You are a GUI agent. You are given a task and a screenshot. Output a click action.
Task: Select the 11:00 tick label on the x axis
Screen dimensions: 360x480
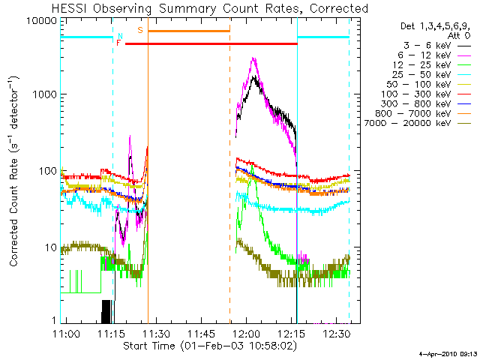[x=67, y=333]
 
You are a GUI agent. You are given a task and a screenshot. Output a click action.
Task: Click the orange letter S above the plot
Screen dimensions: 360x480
[x=139, y=29]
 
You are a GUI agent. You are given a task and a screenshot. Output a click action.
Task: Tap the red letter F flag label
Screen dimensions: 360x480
[x=118, y=43]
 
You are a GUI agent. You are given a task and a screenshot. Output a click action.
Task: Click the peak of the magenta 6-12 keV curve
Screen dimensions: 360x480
[x=253, y=58]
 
